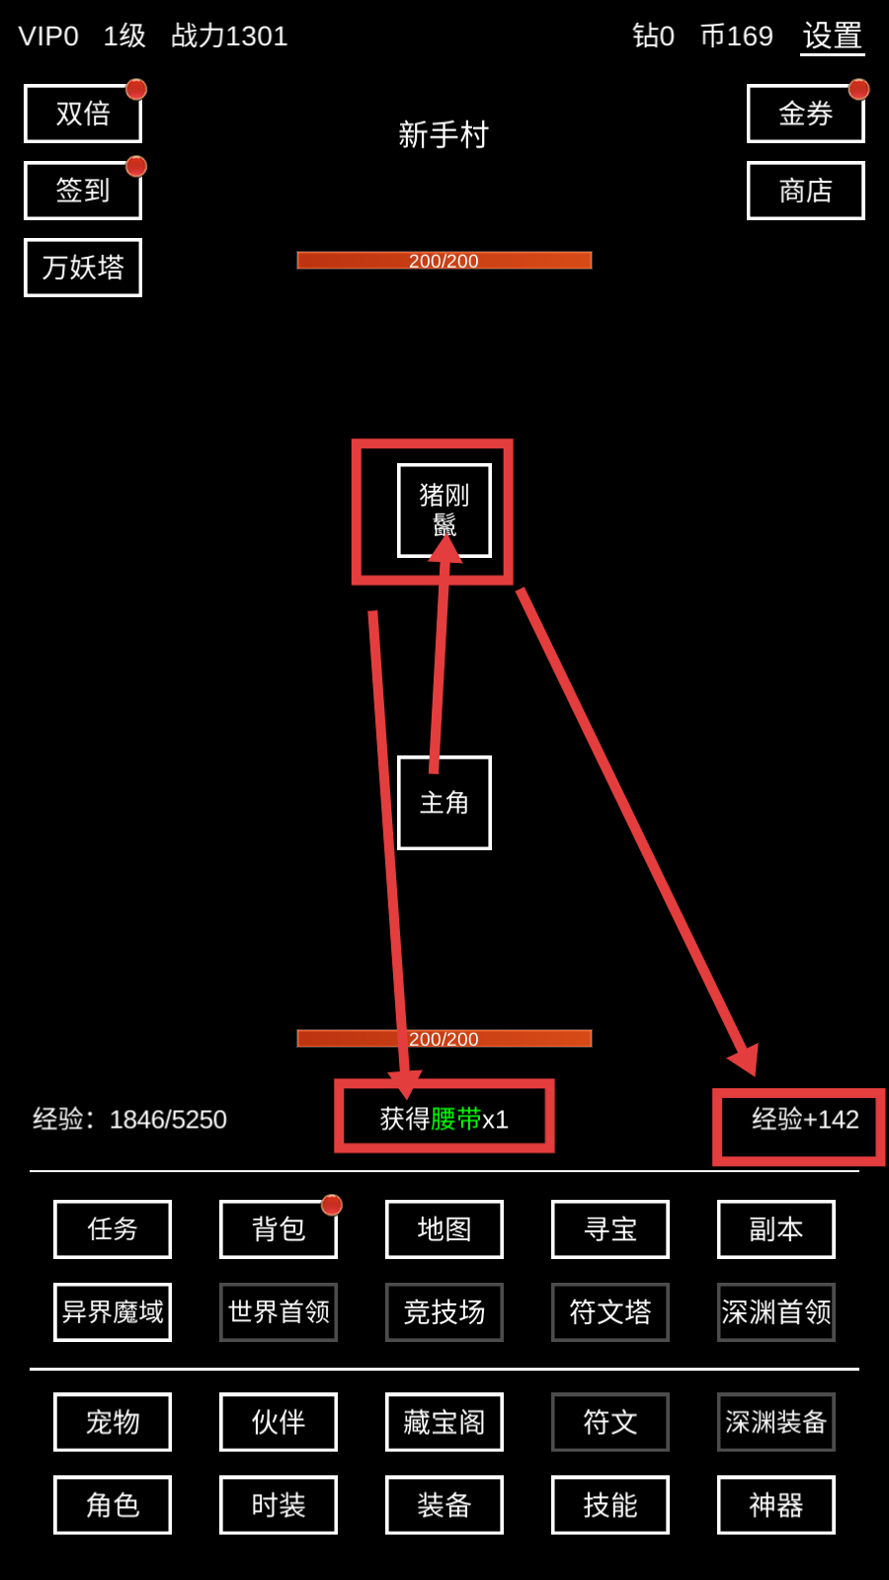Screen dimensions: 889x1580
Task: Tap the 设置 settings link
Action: (834, 36)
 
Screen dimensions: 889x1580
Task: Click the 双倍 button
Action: (83, 114)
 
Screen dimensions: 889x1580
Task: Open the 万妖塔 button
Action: (83, 268)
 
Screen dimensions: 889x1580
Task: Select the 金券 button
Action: (806, 114)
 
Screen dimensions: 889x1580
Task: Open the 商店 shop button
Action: (806, 191)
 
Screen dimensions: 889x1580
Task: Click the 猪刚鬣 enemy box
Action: (444, 511)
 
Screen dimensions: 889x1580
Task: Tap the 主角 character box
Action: (444, 803)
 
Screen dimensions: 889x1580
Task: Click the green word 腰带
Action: (455, 1119)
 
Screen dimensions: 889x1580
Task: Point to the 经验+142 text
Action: (805, 1119)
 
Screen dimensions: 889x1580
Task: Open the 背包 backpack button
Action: (279, 1229)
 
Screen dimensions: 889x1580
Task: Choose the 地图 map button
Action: (444, 1229)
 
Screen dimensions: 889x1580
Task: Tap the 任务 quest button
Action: (113, 1229)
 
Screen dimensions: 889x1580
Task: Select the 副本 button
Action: (776, 1229)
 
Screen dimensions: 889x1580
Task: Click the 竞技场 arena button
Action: (444, 1312)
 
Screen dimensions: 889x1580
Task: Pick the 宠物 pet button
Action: (113, 1422)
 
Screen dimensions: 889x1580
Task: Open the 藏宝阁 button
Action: (444, 1422)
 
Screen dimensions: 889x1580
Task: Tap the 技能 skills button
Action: (610, 1505)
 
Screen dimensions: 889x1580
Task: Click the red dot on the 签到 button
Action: (136, 167)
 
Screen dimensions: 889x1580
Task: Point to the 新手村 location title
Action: (444, 134)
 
